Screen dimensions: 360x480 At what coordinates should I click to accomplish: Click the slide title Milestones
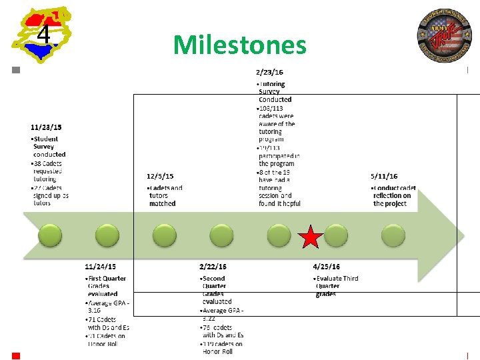pos(239,45)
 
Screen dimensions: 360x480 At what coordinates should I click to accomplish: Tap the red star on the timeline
pos(310,237)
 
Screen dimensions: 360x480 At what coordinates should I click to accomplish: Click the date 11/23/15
pos(47,127)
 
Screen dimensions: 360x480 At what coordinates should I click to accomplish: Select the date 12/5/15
pos(160,176)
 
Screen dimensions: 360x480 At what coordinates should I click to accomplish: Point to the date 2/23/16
pos(269,72)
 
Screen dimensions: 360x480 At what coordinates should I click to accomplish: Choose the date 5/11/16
pos(384,176)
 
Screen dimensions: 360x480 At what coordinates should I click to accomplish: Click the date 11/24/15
pos(100,267)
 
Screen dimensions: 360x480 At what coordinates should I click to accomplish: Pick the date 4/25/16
pos(326,267)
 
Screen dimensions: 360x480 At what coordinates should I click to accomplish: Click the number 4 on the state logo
pos(43,34)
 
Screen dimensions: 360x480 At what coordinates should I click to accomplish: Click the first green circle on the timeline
pos(50,235)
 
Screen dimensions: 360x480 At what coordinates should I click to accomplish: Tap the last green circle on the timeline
pos(393,235)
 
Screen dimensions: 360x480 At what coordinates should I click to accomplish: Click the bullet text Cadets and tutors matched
pos(165,195)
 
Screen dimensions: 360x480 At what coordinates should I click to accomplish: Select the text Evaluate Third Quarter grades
pos(336,286)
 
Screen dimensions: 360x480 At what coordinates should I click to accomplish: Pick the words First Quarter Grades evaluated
pos(106,286)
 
